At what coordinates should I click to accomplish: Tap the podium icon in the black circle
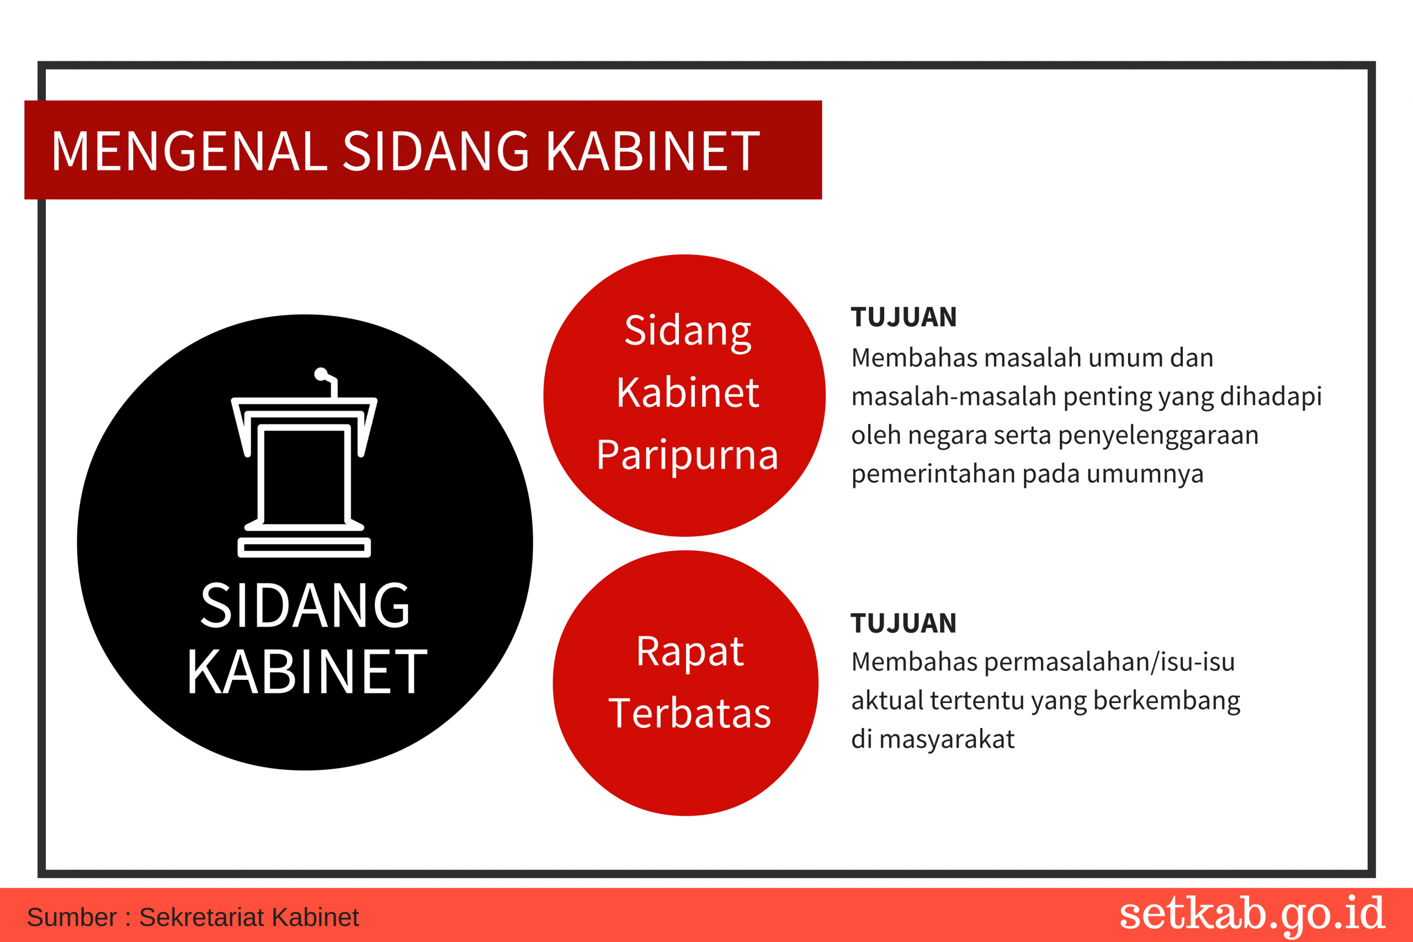304,462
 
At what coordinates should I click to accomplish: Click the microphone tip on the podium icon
321,374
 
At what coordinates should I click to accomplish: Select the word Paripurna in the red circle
687,455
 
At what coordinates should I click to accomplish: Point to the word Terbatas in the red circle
690,713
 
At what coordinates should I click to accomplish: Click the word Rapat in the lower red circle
690,652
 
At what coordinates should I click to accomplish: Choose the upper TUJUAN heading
904,317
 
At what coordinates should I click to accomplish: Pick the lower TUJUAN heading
904,624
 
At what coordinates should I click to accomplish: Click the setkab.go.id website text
1252,914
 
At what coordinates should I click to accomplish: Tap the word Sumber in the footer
72,917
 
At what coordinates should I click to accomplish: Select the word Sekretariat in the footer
202,917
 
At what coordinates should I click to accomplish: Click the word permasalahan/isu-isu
1109,662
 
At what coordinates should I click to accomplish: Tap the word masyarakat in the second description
947,739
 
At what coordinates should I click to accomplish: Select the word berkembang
1167,701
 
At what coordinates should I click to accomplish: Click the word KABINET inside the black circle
307,672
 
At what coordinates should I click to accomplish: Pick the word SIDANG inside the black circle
305,605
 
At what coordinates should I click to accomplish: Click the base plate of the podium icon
304,548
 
